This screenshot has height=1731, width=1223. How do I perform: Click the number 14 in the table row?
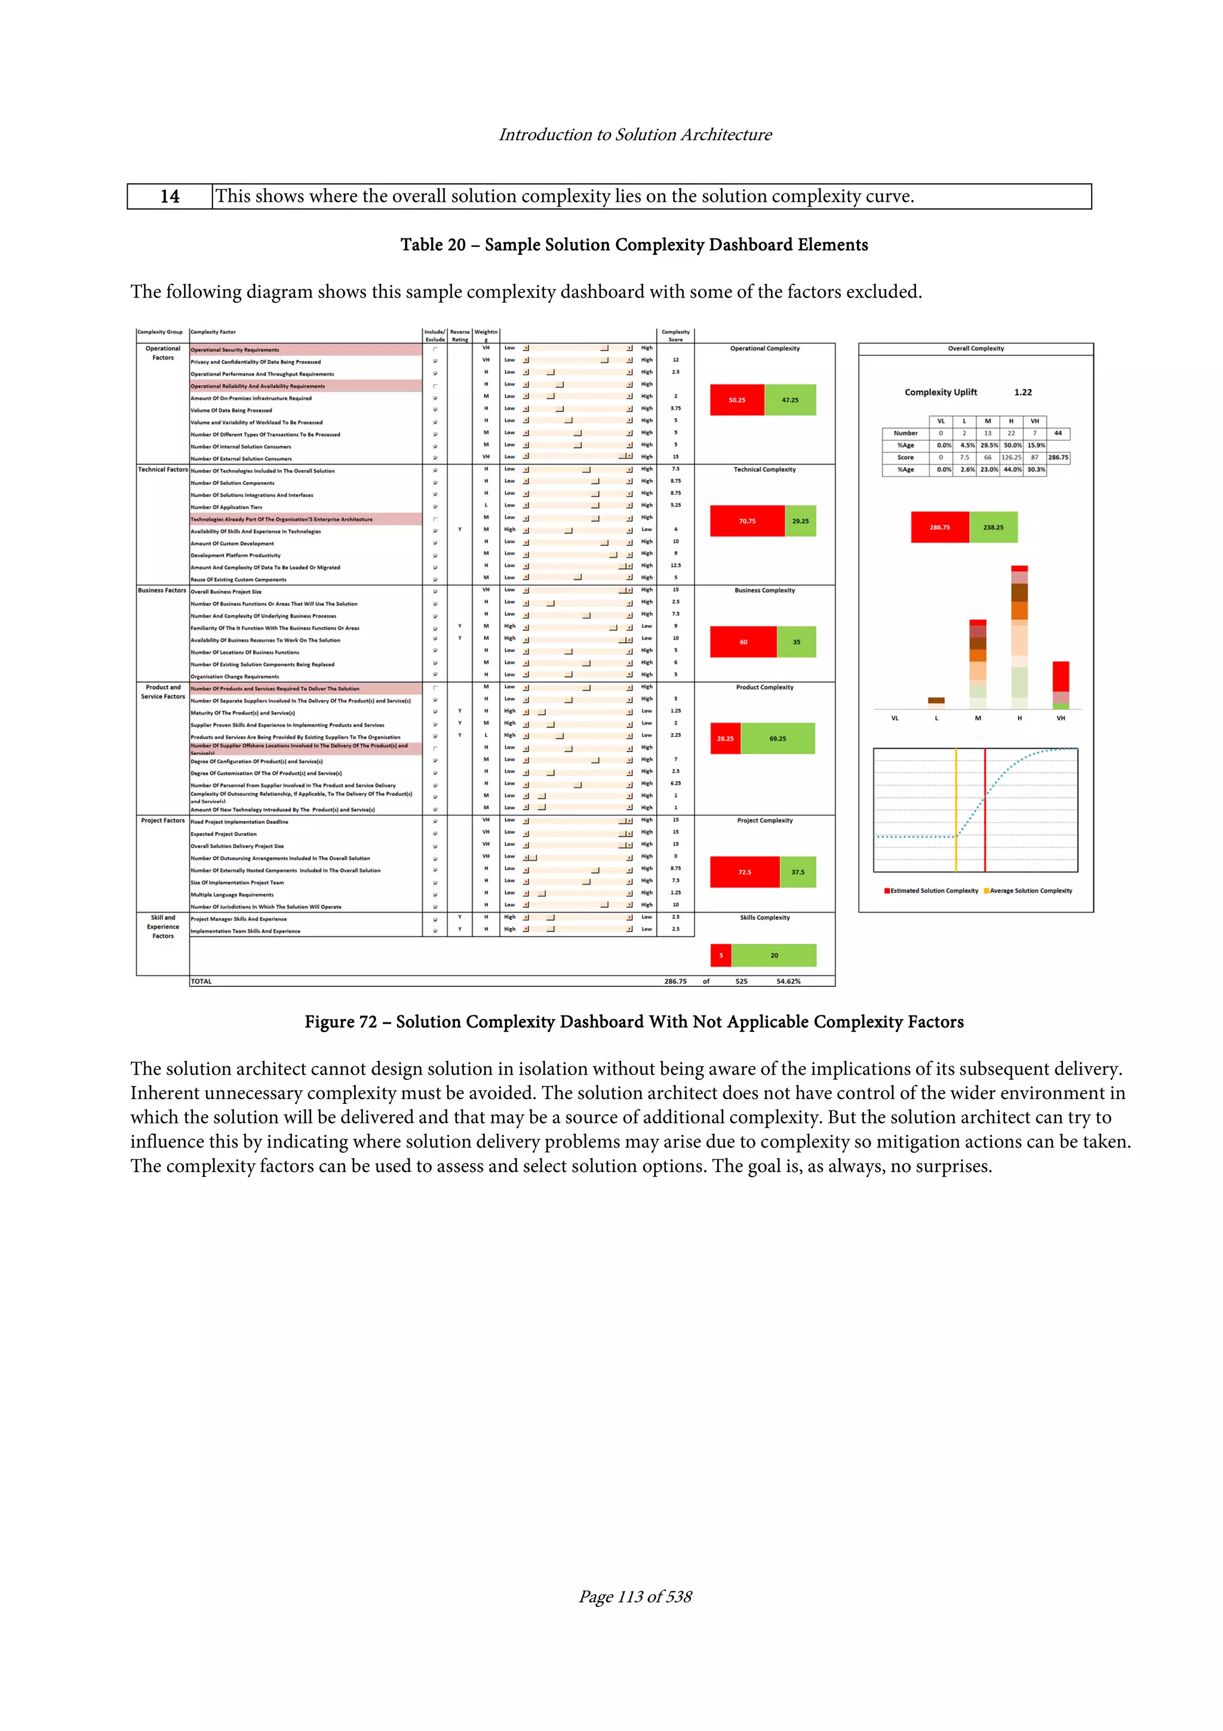click(170, 197)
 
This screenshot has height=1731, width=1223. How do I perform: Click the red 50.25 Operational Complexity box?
click(736, 400)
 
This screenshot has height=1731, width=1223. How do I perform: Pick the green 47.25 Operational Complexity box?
click(789, 400)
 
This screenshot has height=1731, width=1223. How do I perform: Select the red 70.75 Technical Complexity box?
click(747, 521)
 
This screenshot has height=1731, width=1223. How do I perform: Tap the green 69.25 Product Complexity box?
click(777, 739)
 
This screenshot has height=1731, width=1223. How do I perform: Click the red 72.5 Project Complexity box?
click(745, 872)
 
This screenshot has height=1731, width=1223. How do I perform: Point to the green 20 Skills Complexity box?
click(774, 955)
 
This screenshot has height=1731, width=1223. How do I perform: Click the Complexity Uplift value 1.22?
click(1022, 392)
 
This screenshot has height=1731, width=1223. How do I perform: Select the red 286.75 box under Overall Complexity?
click(940, 527)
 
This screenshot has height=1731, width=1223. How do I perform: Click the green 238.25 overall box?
click(993, 527)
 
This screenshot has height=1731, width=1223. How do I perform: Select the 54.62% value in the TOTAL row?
click(788, 981)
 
